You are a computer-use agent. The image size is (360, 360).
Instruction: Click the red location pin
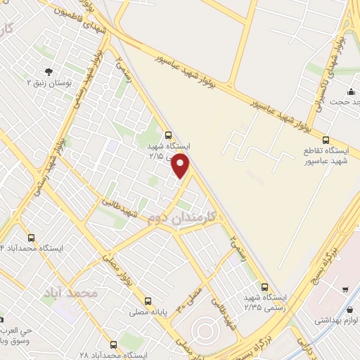point(181,166)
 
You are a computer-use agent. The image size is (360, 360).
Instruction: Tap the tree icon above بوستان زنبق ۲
point(48,72)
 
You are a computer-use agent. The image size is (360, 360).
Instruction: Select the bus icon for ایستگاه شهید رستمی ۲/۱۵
point(168,134)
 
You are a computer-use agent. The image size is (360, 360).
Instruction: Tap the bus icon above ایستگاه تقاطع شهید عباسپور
point(326,139)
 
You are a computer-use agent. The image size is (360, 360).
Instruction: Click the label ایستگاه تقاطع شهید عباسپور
point(326,156)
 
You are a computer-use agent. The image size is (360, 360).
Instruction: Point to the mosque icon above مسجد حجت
point(350,92)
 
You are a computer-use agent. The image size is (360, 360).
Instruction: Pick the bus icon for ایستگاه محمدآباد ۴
point(31,238)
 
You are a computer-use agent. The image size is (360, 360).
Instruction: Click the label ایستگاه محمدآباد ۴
point(32,249)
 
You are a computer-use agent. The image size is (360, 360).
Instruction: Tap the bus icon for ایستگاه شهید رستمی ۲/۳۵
point(265,286)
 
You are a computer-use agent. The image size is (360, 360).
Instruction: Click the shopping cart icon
point(345,289)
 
